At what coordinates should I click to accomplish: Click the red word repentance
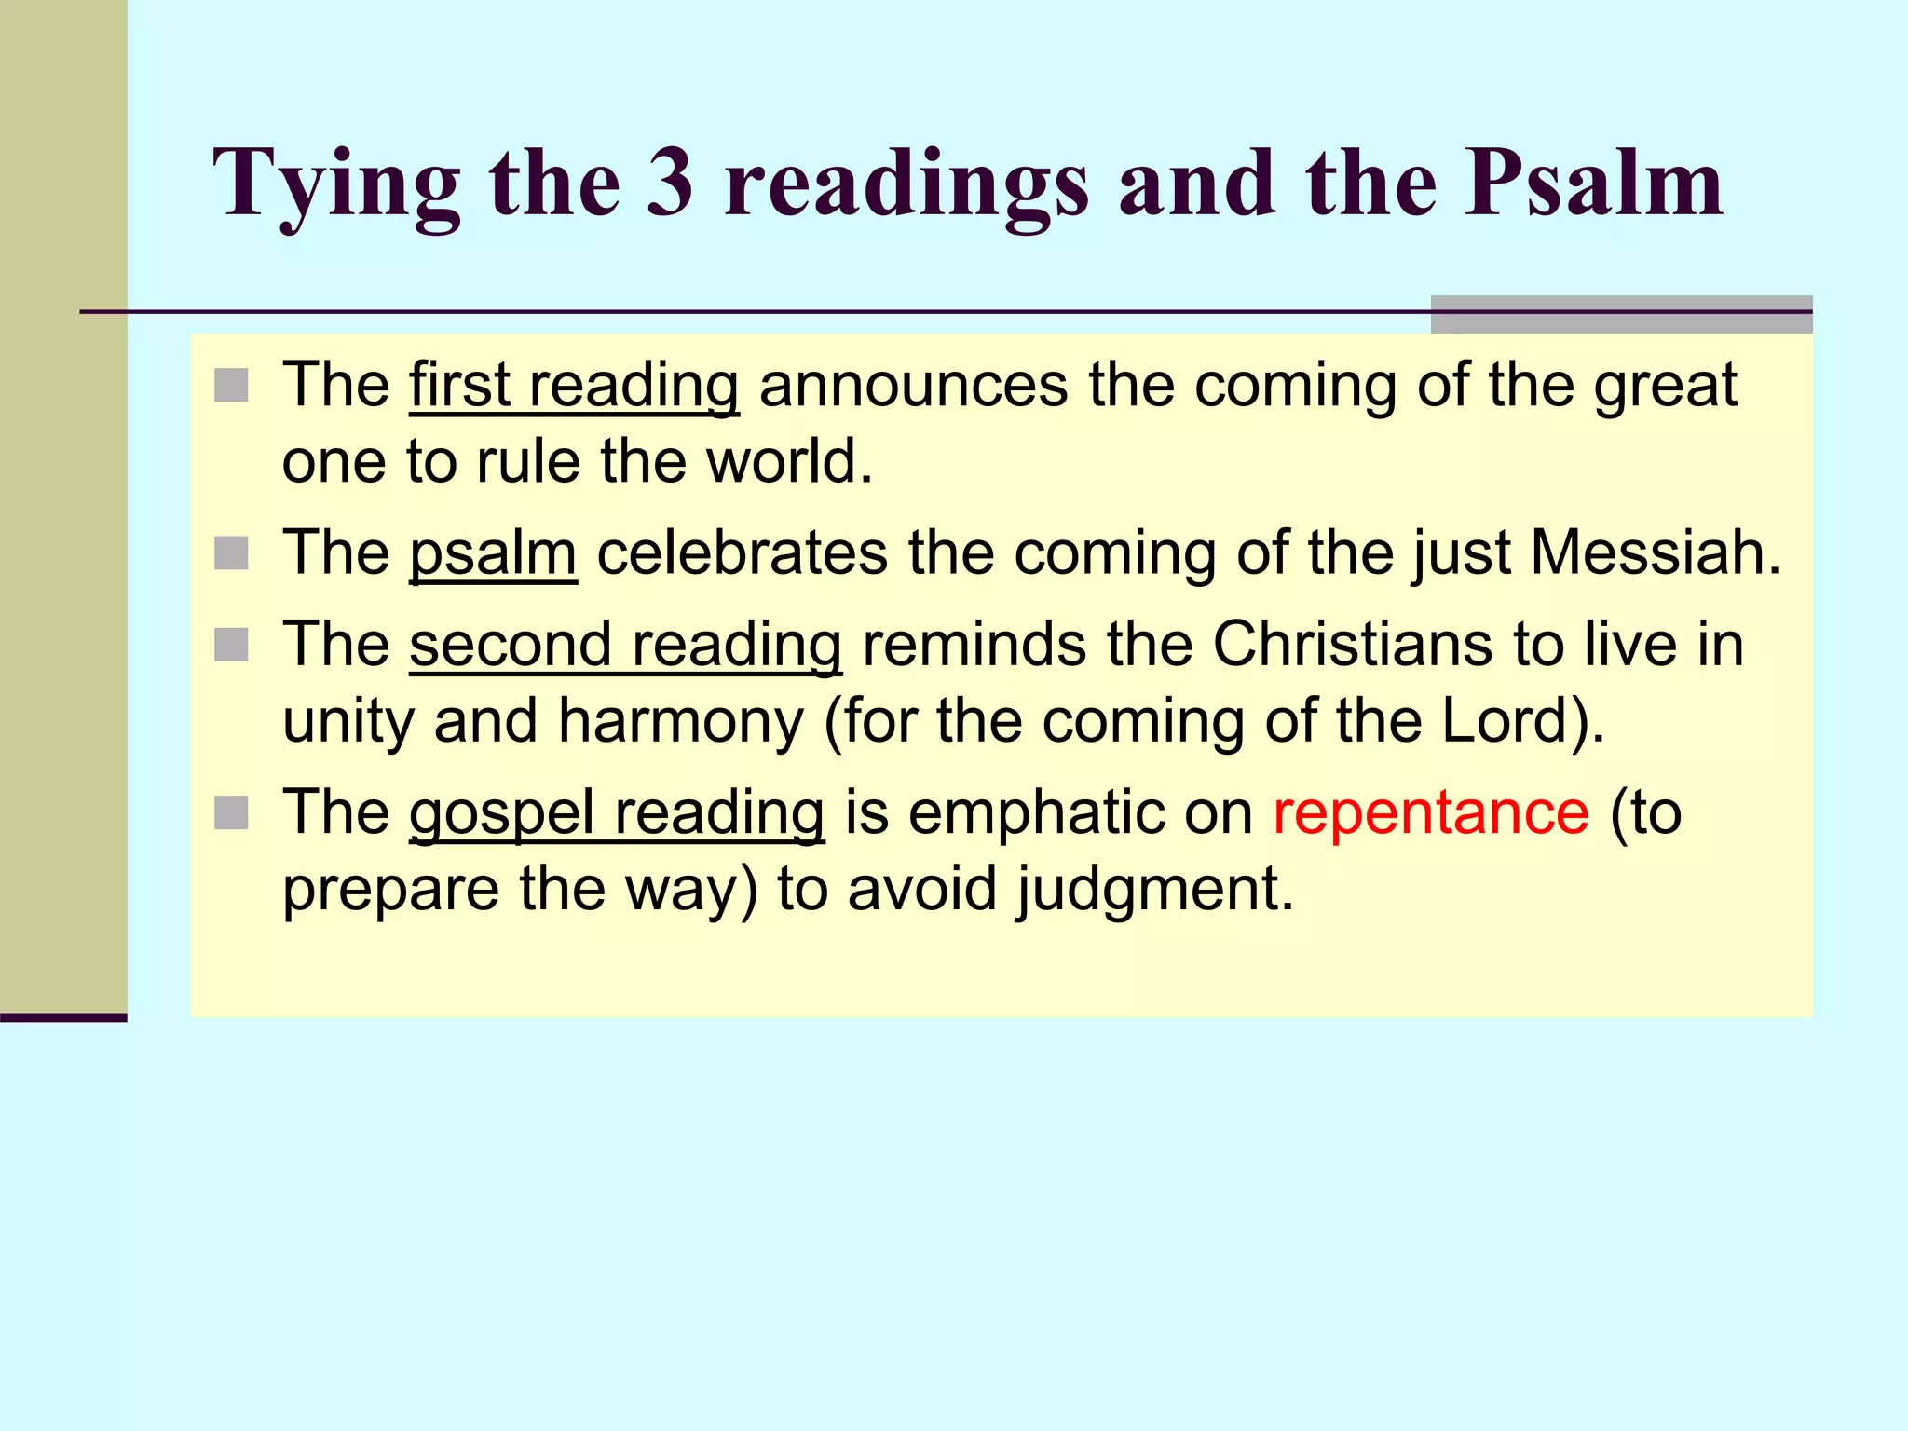[1431, 812]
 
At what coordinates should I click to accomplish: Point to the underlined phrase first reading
[574, 385]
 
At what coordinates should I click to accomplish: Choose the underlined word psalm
[493, 552]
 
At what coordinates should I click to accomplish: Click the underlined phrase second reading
[625, 645]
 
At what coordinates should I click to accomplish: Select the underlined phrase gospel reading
[617, 812]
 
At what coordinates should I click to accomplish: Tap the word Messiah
[1656, 552]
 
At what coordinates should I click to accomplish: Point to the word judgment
[1154, 889]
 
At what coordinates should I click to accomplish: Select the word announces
[913, 385]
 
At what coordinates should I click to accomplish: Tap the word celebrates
[742, 552]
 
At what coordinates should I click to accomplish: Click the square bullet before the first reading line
[231, 386]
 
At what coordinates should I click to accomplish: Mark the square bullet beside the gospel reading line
[231, 813]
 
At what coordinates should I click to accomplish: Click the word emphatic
[1034, 812]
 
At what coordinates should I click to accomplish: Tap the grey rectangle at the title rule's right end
[1621, 314]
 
